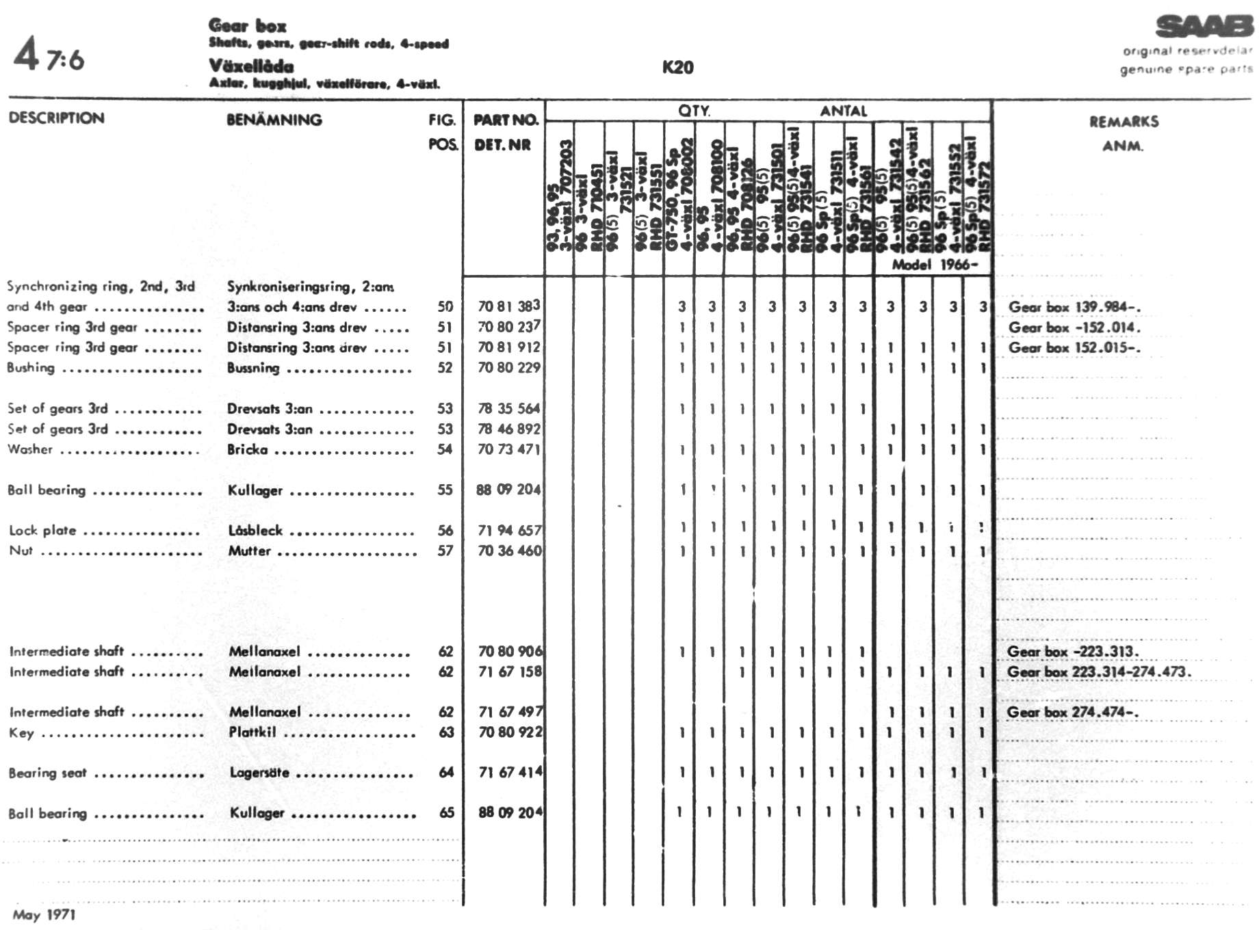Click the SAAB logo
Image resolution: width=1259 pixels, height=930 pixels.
coord(1204,27)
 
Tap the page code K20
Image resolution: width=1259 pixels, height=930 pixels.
coord(677,67)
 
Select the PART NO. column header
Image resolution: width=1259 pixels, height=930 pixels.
coord(506,120)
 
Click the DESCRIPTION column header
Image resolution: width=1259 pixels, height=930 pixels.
coord(57,118)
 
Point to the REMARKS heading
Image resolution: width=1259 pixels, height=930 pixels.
coord(1124,122)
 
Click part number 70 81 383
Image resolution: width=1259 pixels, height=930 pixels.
coord(508,306)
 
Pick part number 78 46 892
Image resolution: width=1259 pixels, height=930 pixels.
coord(508,429)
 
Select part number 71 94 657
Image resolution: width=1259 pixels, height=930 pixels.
coord(509,530)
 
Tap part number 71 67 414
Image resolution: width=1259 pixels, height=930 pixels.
coord(510,772)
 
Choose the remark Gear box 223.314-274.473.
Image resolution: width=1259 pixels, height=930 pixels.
coord(1098,672)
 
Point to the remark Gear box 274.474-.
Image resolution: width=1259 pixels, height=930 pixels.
coord(1072,712)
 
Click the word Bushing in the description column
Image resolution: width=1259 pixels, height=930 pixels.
coord(31,368)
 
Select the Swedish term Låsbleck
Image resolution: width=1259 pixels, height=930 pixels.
coord(255,530)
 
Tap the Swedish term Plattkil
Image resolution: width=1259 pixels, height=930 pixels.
coord(252,732)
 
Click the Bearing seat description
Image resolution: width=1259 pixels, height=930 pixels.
coord(47,773)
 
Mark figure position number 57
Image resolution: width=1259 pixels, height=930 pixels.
coord(445,550)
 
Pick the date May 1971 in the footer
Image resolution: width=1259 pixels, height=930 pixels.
coord(44,914)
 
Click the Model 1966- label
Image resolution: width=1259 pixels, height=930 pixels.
coord(934,265)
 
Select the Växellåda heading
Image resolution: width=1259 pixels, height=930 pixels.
coord(251,66)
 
